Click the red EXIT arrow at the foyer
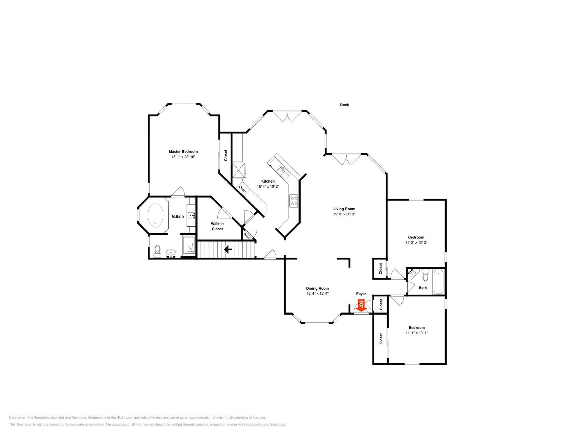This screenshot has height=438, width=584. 361,305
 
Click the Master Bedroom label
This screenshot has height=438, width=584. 183,152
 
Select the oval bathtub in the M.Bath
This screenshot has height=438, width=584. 155,215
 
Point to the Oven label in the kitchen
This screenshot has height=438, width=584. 242,189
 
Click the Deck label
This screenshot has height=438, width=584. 344,105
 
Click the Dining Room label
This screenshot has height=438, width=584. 317,288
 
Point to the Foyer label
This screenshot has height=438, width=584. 361,294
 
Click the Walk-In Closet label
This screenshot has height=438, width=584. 217,226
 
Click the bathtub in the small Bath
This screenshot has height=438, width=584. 439,281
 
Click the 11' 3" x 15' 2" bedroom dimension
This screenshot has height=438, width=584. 416,242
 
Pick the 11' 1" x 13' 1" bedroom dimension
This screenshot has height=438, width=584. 417,333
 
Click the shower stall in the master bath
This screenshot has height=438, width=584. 189,246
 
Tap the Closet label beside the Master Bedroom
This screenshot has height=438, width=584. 225,156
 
